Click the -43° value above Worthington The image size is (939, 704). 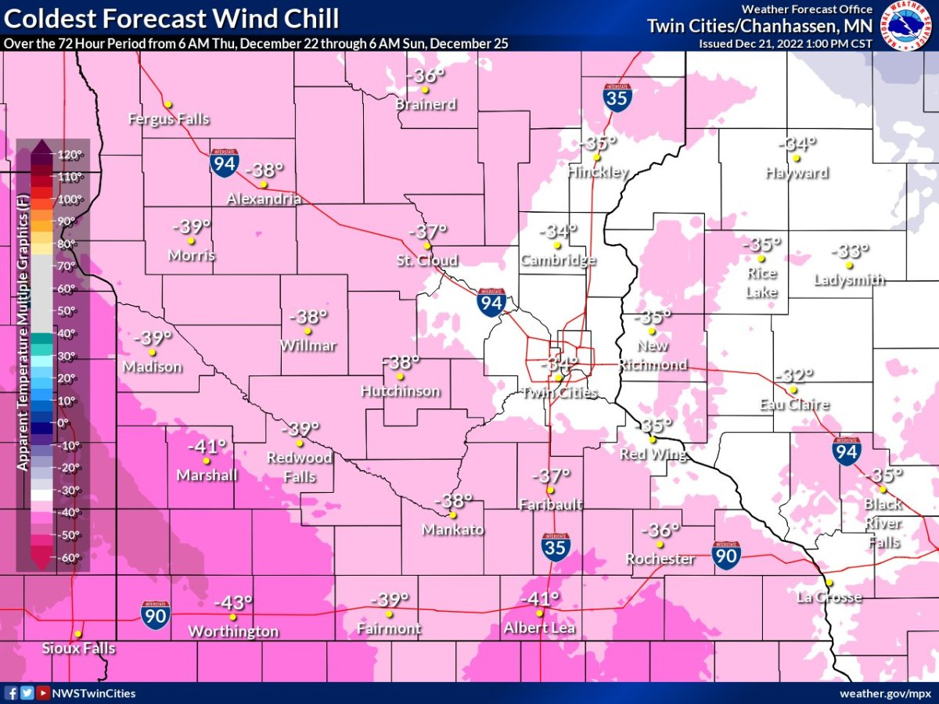coord(233,603)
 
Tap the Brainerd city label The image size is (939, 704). coord(425,104)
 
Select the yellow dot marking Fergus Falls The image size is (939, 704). coord(167,104)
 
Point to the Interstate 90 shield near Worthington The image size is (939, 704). coord(153,612)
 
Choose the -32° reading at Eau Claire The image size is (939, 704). coord(794,375)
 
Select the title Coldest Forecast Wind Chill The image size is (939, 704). coord(172,18)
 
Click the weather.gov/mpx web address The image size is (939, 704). coord(887,694)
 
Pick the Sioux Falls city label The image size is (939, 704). coord(78,648)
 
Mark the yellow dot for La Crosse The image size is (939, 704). coord(829,583)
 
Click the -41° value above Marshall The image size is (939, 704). coord(207,446)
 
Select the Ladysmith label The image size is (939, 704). coord(849,279)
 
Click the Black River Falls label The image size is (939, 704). coord(883,523)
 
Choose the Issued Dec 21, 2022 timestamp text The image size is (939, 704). coord(785,43)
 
